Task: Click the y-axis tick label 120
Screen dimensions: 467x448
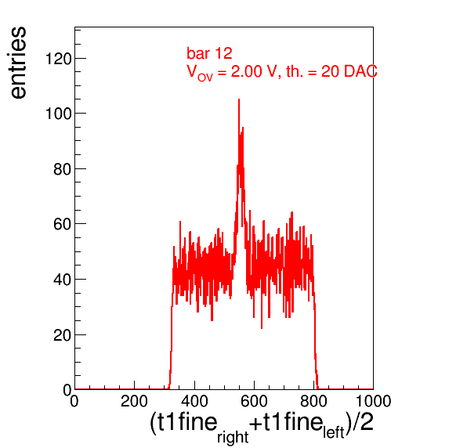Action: pyautogui.click(x=59, y=59)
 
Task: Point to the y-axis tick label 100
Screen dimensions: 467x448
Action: pyautogui.click(x=59, y=114)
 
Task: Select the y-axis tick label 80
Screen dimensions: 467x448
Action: pyautogui.click(x=63, y=169)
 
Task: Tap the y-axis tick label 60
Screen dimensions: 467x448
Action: pyautogui.click(x=63, y=224)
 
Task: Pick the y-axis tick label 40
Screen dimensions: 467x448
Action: pyautogui.click(x=63, y=280)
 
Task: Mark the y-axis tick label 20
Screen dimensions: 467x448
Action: pyautogui.click(x=63, y=335)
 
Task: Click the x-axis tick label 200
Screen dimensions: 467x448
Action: pyautogui.click(x=134, y=401)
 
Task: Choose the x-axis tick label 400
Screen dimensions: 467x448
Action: pyautogui.click(x=194, y=401)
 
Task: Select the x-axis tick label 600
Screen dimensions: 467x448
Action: pyautogui.click(x=254, y=401)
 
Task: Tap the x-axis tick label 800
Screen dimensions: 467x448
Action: pyautogui.click(x=313, y=401)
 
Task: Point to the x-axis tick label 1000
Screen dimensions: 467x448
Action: pyautogui.click(x=374, y=401)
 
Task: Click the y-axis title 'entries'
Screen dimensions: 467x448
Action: pyautogui.click(x=18, y=63)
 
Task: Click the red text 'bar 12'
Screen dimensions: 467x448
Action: pyautogui.click(x=209, y=53)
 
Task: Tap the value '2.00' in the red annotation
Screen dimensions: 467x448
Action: pyautogui.click(x=247, y=71)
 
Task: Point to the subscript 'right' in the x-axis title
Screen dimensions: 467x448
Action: pyautogui.click(x=233, y=437)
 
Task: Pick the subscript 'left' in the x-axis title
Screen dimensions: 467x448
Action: pyautogui.click(x=334, y=432)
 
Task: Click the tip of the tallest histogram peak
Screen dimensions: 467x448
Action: pyautogui.click(x=239, y=99)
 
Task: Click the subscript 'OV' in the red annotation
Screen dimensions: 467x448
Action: pyautogui.click(x=205, y=78)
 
